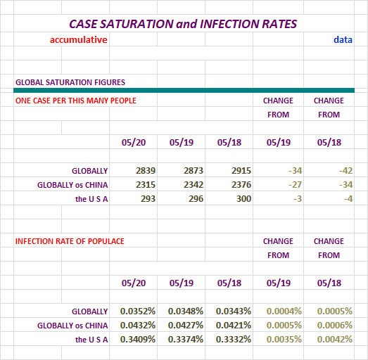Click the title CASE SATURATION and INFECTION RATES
pyautogui.click(x=183, y=24)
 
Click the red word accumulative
pyautogui.click(x=79, y=39)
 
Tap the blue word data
pyautogui.click(x=343, y=39)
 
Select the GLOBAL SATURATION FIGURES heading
pyautogui.click(x=70, y=82)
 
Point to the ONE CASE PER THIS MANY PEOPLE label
pyautogui.click(x=76, y=101)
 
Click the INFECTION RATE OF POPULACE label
pyautogui.click(x=70, y=241)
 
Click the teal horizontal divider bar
pyautogui.click(x=184, y=90)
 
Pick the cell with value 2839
pyautogui.click(x=146, y=170)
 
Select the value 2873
pyautogui.click(x=193, y=170)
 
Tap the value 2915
pyautogui.click(x=241, y=170)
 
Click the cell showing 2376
pyautogui.click(x=241, y=185)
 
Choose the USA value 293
pyautogui.click(x=148, y=199)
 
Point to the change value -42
pyautogui.click(x=346, y=170)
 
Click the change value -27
pyautogui.click(x=296, y=185)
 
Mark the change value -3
pyautogui.click(x=298, y=199)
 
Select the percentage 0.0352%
pyautogui.click(x=138, y=311)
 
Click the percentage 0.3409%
pyautogui.click(x=138, y=340)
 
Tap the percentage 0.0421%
pyautogui.click(x=234, y=326)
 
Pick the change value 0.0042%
pyautogui.click(x=335, y=340)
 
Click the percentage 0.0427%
pyautogui.click(x=186, y=326)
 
